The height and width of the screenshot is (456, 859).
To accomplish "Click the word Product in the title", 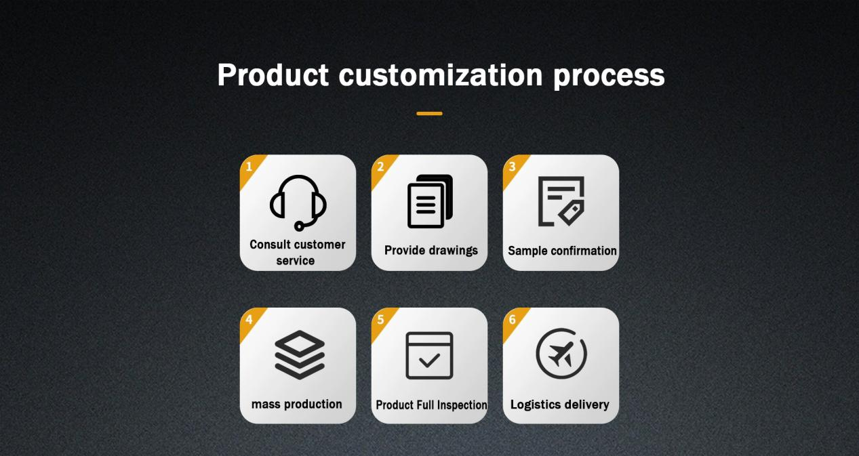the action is point(273,75).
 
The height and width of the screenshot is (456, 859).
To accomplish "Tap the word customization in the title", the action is point(441,75).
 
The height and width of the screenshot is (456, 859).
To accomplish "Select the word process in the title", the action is point(609,77).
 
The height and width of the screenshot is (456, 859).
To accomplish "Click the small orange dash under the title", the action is point(430,113).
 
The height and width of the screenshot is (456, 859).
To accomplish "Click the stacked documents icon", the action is point(430,201).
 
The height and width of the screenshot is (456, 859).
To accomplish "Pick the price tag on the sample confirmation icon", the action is point(572,213).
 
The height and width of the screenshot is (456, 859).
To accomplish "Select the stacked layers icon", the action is point(300,355).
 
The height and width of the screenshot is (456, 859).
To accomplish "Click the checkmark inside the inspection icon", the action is point(430,360).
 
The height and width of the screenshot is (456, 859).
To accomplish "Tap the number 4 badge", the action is point(250,320).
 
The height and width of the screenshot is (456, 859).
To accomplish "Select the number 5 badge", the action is point(381,320).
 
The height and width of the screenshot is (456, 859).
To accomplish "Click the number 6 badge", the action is point(513,320).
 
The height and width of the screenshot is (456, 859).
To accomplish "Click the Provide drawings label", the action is point(431,251).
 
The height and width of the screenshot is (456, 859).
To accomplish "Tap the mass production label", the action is point(296,405).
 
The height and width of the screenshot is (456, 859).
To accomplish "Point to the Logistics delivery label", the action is point(560,405).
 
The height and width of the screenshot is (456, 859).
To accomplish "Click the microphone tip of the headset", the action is point(299,226).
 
